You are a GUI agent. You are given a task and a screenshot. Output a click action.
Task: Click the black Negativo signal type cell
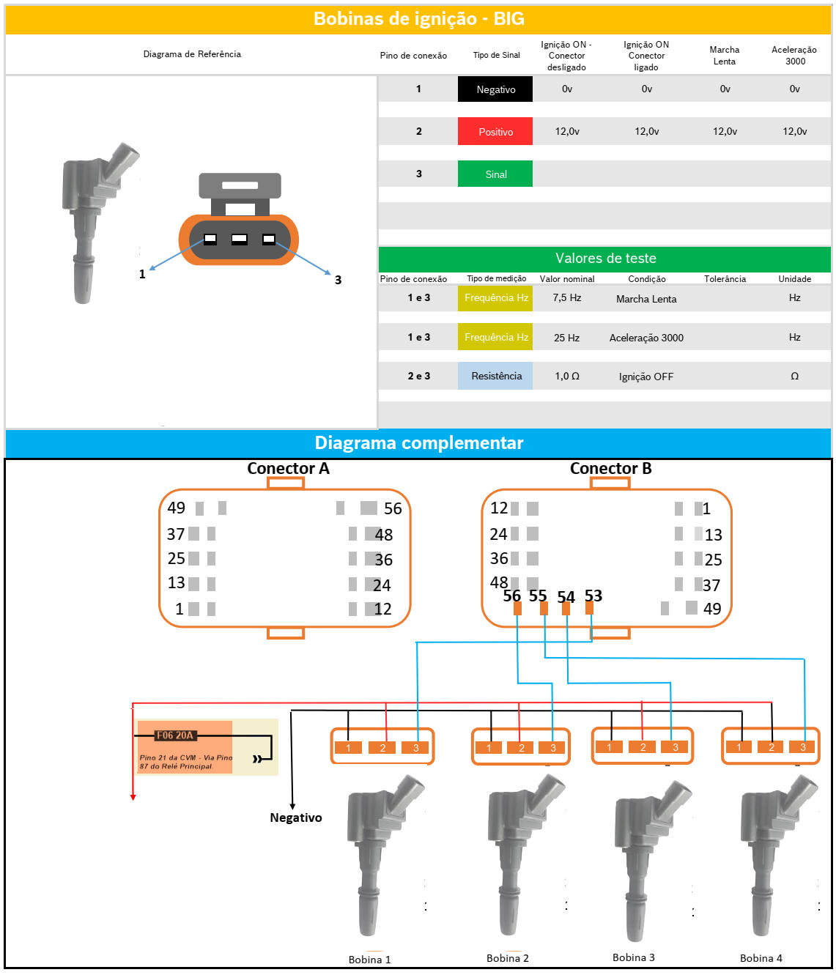click(x=495, y=89)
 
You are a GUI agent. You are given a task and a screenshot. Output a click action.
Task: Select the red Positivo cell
click(x=495, y=132)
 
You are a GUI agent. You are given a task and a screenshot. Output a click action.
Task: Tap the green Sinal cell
click(x=495, y=174)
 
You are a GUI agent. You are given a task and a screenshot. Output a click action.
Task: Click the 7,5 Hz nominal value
click(x=566, y=298)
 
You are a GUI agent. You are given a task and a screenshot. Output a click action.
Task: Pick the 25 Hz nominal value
click(x=566, y=338)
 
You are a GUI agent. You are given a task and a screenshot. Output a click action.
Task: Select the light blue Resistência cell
click(x=496, y=376)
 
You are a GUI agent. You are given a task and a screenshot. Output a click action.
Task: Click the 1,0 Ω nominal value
click(x=566, y=376)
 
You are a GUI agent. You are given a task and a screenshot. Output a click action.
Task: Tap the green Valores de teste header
click(x=605, y=259)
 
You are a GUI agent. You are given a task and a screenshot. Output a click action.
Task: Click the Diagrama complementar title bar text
click(x=418, y=443)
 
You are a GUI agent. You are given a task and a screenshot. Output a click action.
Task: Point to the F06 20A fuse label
click(x=174, y=735)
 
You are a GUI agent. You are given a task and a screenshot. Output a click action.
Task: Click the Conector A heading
click(x=288, y=469)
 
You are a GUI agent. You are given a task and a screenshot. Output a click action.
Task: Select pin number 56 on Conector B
click(x=511, y=596)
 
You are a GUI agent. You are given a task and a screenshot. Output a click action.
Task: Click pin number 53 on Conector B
click(x=593, y=596)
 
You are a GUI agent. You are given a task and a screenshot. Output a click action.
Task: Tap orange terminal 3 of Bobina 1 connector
click(x=416, y=748)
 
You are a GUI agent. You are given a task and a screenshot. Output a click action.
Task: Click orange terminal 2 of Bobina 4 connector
click(x=772, y=747)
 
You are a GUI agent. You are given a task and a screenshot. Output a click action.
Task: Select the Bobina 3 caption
click(x=634, y=957)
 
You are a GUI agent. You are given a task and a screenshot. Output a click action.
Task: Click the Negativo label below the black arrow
click(x=296, y=818)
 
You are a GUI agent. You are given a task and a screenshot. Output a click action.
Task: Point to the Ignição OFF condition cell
click(x=646, y=377)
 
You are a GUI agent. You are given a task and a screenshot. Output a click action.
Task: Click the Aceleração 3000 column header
click(x=794, y=56)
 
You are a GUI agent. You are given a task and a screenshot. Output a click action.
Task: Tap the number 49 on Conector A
click(x=177, y=508)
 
